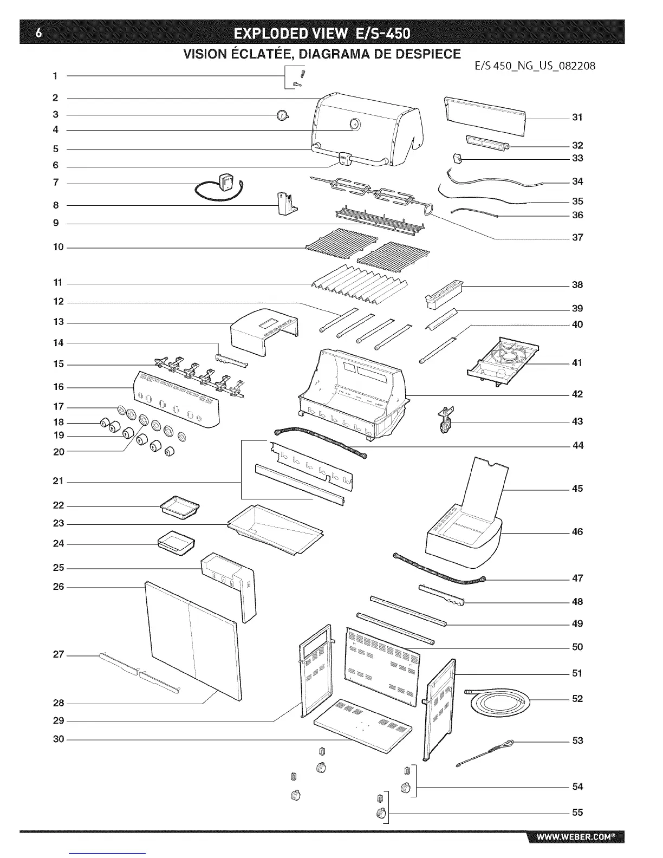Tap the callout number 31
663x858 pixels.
click(x=577, y=117)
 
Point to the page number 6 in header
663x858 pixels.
click(x=37, y=34)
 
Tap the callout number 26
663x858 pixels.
click(x=58, y=587)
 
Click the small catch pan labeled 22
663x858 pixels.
click(x=180, y=506)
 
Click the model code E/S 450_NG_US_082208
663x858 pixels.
click(x=535, y=66)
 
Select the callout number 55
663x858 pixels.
click(x=577, y=812)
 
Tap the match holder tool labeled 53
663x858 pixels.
click(x=487, y=753)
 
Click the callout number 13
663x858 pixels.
click(x=58, y=322)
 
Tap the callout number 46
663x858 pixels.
click(x=577, y=532)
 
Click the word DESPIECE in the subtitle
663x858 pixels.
click(x=430, y=54)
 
